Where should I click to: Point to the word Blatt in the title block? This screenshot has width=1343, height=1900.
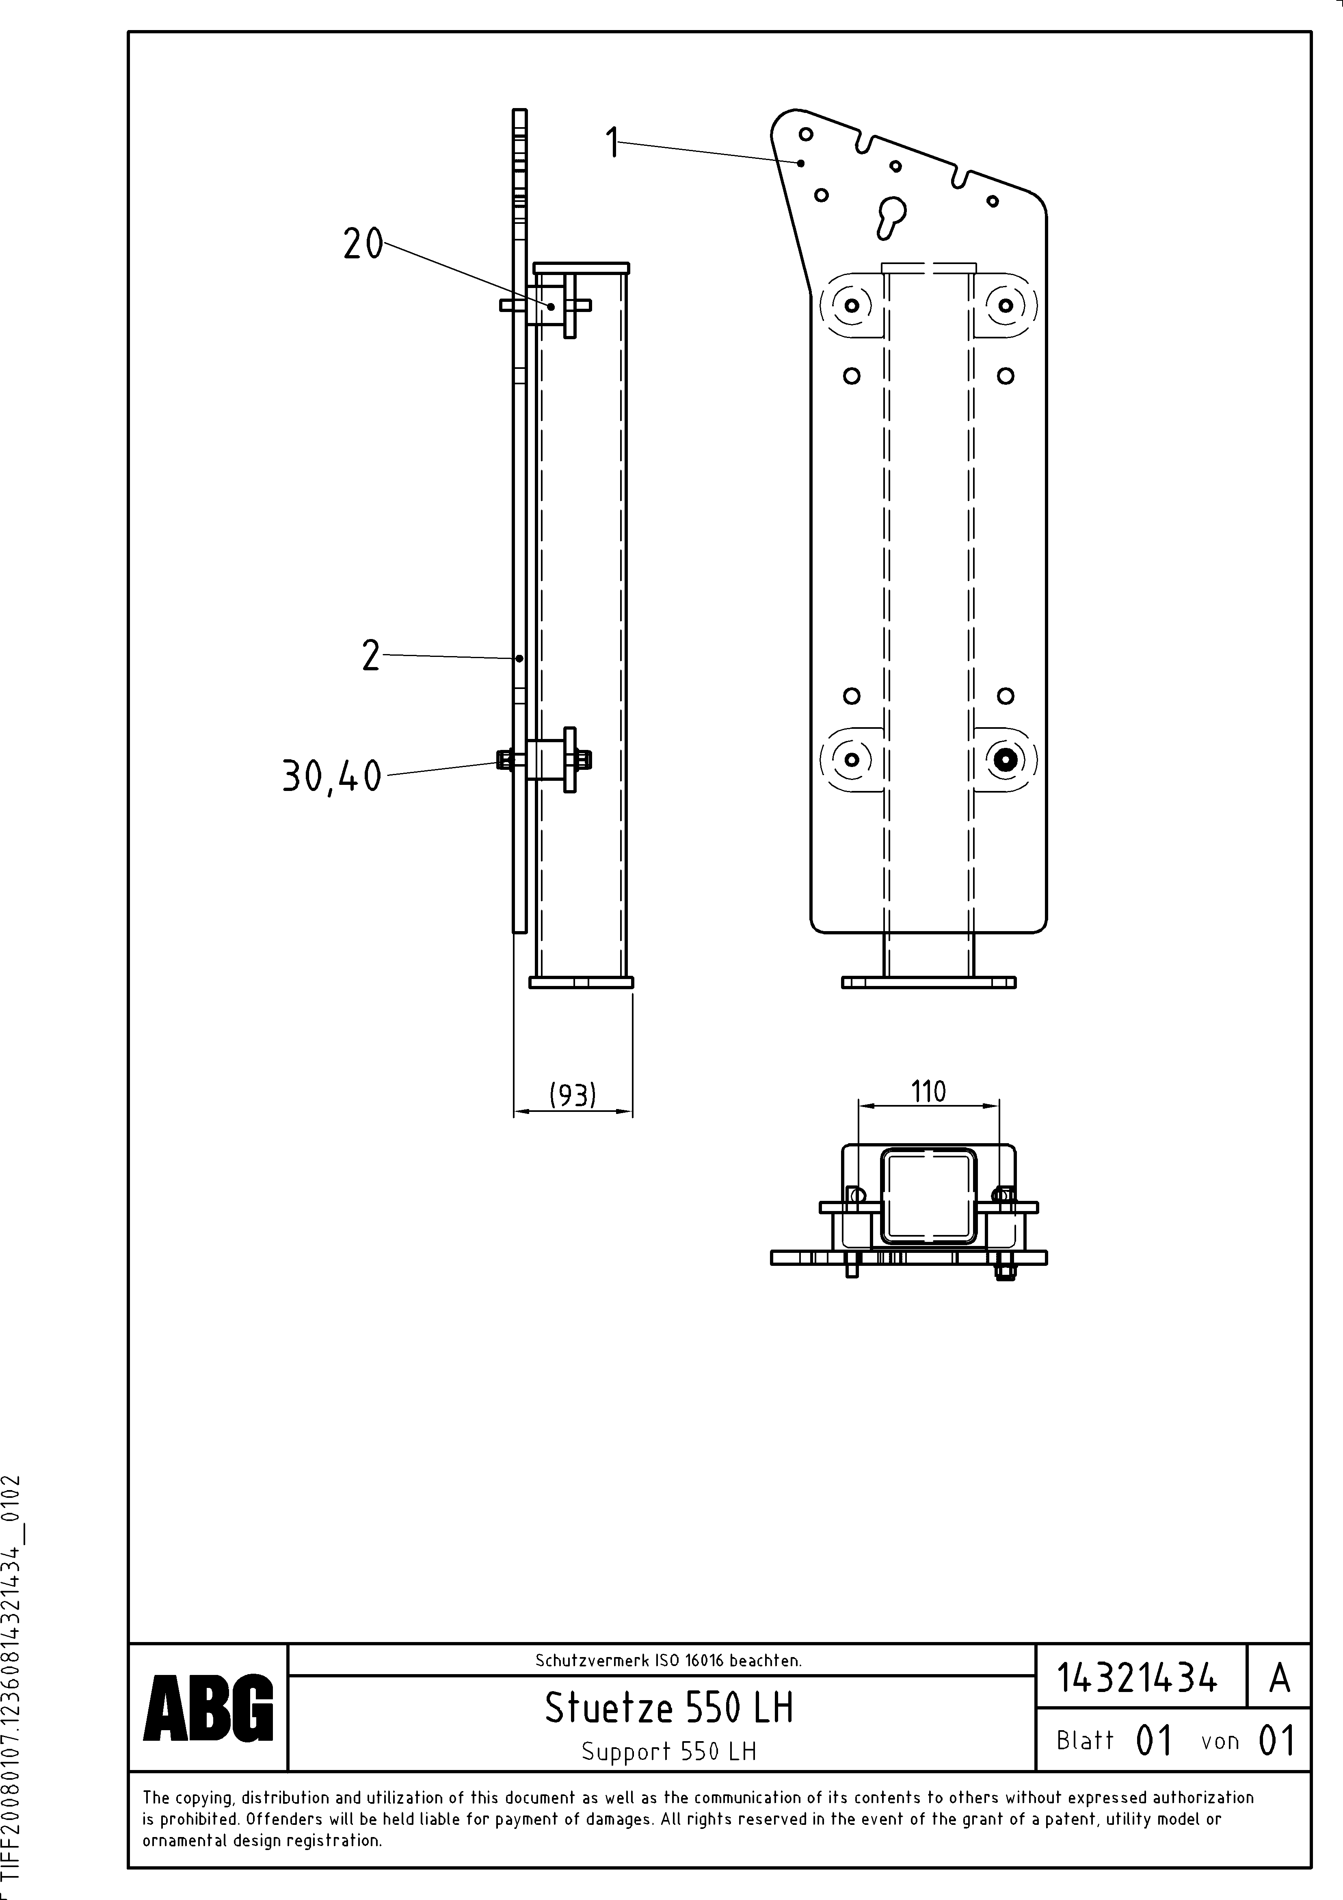tap(1085, 1740)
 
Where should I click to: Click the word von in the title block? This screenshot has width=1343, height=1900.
tap(1220, 1741)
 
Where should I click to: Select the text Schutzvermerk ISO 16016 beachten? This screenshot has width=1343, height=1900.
tap(668, 1660)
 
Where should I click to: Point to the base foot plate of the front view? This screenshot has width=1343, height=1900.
tap(928, 982)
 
